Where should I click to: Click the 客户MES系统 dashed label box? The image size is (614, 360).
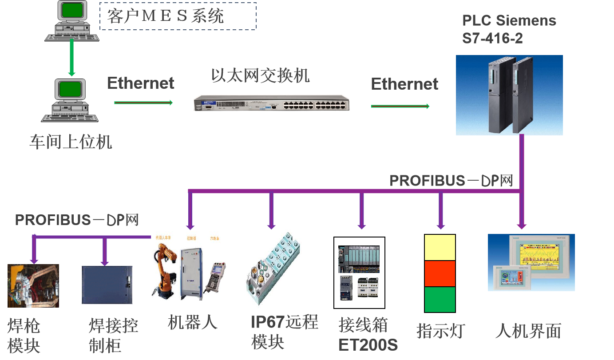tap(178, 16)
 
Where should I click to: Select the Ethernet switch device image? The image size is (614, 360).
tap(271, 103)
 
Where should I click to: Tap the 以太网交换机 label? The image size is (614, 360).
tap(260, 76)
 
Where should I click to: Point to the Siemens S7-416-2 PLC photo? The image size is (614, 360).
tap(509, 95)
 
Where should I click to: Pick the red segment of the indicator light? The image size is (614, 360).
tap(440, 273)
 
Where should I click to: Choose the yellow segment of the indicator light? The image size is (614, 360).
tap(440, 248)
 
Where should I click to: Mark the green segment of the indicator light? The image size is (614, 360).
tap(440, 299)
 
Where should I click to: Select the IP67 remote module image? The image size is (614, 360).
tap(273, 264)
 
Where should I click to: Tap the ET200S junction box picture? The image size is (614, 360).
tap(359, 273)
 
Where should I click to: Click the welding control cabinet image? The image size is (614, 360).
tap(107, 285)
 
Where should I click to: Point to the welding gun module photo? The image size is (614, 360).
tap(33, 285)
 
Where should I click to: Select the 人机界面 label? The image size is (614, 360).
tap(528, 331)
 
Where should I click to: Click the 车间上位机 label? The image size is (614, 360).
tap(71, 142)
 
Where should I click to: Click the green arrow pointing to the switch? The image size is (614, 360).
tap(143, 103)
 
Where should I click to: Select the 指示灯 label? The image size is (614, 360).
tap(440, 331)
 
